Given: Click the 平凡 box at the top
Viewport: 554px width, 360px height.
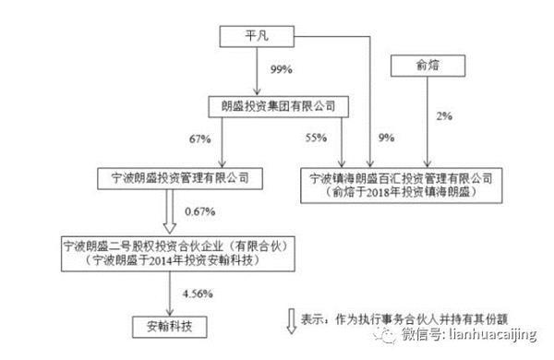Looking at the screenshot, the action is click(257, 36).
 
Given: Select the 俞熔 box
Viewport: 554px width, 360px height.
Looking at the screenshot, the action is click(428, 66).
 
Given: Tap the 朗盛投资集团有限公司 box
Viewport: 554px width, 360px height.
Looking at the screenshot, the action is click(279, 107).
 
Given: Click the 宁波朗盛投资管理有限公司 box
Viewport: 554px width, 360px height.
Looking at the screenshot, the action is click(180, 178).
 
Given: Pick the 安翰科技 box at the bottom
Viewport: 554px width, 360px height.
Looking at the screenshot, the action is click(170, 327).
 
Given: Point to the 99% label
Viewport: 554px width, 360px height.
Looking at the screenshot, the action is click(282, 69).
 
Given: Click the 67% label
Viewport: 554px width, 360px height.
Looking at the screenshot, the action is click(200, 139).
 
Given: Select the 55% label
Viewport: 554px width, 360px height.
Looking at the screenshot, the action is click(316, 138).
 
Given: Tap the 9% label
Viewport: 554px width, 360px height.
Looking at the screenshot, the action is click(386, 138).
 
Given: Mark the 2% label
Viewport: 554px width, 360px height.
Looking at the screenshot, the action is click(444, 116).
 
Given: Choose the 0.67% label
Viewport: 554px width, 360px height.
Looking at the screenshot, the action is click(200, 211).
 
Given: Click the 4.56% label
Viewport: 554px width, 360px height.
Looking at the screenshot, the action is click(198, 294).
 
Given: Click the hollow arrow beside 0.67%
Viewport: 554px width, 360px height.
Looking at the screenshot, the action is click(170, 211).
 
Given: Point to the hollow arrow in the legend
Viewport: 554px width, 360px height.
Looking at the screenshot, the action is click(292, 321).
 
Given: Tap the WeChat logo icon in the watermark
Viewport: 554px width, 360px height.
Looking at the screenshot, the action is click(385, 334).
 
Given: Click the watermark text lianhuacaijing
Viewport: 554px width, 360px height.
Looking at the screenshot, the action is click(493, 334).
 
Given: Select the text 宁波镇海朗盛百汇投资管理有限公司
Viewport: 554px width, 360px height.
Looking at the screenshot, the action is click(401, 179).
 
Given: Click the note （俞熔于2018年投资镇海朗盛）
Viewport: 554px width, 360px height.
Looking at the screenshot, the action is click(401, 192).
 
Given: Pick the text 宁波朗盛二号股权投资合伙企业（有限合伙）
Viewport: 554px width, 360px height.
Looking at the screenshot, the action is click(176, 246).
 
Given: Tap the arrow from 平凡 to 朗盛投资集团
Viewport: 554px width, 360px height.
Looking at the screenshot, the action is click(258, 71).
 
